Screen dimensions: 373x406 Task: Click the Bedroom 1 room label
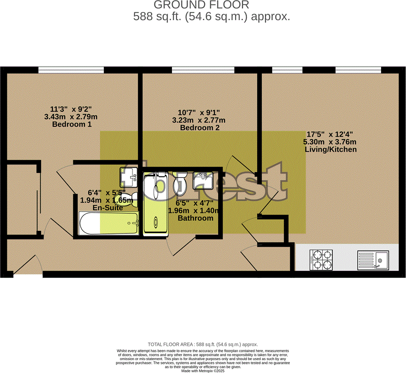[x=72, y=124]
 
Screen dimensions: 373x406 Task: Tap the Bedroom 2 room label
[x=202, y=128]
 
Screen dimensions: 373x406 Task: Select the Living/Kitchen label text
[x=330, y=149]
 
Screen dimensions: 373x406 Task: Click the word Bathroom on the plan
[x=195, y=218]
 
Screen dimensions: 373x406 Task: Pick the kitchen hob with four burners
[x=321, y=260]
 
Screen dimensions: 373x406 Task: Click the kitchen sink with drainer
[x=373, y=260]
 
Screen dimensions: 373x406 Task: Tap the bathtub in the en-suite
[x=109, y=223]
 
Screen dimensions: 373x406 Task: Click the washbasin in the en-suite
[x=128, y=176]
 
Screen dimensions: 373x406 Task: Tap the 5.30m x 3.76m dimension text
[x=330, y=142]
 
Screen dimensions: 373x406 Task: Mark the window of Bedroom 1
[x=71, y=69]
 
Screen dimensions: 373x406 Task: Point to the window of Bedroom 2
[x=203, y=69]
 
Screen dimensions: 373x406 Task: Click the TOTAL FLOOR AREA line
[x=203, y=344]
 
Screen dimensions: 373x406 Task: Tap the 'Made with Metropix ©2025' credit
[x=203, y=371]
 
